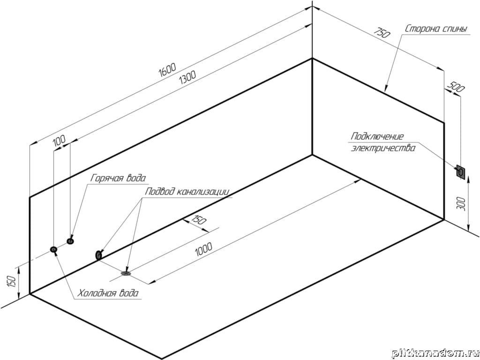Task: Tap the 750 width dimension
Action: pyautogui.click(x=382, y=33)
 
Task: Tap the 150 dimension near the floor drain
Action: pyautogui.click(x=199, y=219)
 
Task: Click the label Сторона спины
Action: pyautogui.click(x=436, y=29)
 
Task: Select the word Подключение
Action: pyautogui.click(x=377, y=136)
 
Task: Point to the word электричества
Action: pyautogui.click(x=383, y=149)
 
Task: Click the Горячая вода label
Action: pyautogui.click(x=118, y=178)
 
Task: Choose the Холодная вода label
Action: pyautogui.click(x=108, y=293)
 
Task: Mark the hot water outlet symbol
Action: pyautogui.click(x=70, y=241)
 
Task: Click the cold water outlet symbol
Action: pyautogui.click(x=54, y=249)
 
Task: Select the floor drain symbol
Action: pyautogui.click(x=126, y=272)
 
